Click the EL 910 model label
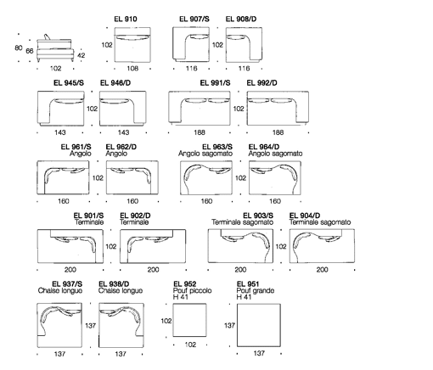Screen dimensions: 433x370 [126, 19]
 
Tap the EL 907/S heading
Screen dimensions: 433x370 [194, 19]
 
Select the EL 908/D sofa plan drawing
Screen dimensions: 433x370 [244, 45]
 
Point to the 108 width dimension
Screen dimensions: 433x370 [132, 68]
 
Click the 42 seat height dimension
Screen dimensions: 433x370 [81, 55]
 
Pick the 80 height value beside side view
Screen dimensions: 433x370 [19, 48]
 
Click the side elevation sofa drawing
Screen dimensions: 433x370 [55, 48]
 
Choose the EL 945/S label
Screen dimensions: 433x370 [69, 83]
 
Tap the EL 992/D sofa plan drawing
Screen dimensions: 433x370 [278, 108]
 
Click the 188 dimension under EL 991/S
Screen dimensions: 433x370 [200, 132]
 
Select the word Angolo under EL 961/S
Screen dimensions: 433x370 [81, 154]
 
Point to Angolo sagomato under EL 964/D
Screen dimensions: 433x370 [275, 154]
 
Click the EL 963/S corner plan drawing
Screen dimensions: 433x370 [206, 178]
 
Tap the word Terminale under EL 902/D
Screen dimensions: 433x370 [134, 222]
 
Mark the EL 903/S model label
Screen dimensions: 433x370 [258, 216]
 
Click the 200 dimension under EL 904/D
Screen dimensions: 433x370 [322, 270]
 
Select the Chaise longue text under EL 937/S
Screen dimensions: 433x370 [60, 291]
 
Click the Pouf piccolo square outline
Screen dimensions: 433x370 [189, 320]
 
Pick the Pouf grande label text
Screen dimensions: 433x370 [256, 291]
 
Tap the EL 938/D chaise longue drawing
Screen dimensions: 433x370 [121, 325]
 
